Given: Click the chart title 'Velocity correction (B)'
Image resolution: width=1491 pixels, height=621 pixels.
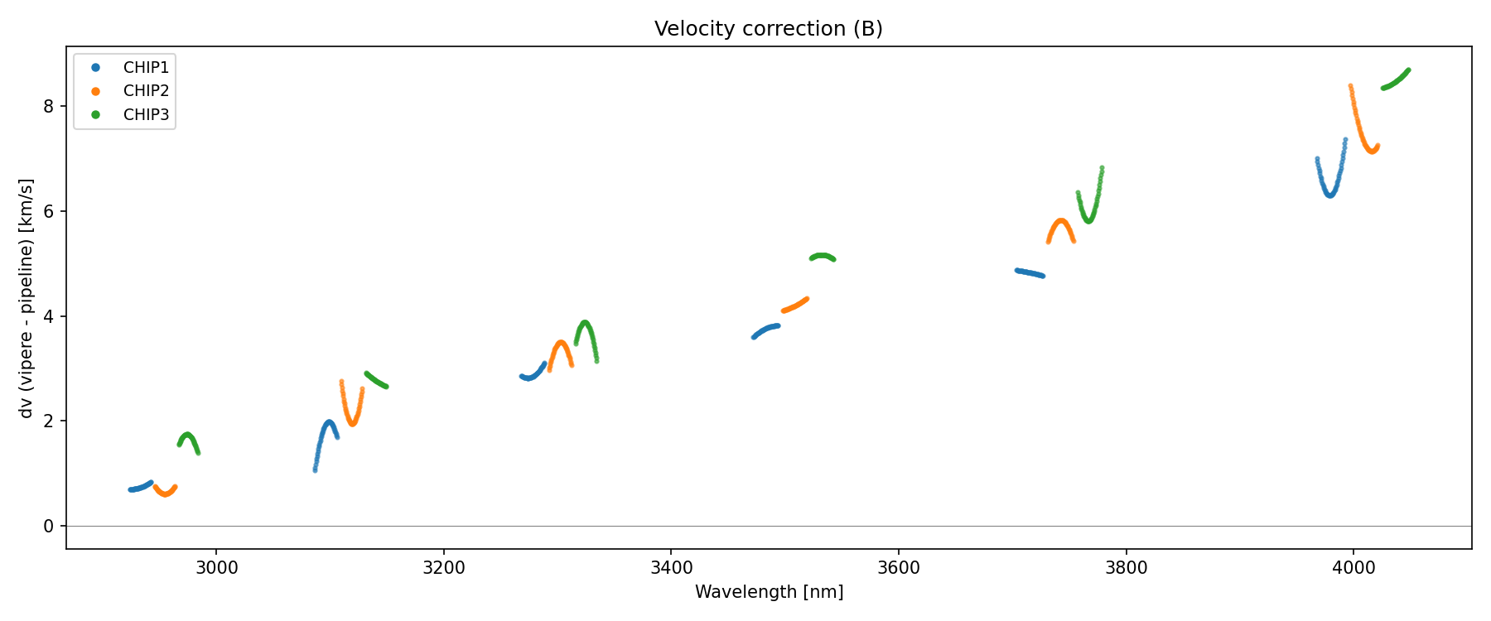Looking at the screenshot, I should tap(768, 29).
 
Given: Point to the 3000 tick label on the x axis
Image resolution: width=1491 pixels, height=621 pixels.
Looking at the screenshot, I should tap(216, 568).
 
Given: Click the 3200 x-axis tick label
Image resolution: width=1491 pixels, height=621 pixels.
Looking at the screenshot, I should tap(443, 568).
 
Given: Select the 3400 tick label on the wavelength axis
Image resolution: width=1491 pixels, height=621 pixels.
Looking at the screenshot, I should tap(671, 568).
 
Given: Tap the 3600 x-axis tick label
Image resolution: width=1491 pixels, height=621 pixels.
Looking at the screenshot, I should tap(899, 568).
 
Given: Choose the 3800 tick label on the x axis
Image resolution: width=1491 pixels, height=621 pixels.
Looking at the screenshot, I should tap(1126, 568).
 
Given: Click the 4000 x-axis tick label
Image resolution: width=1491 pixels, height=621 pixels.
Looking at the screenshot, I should tap(1353, 568).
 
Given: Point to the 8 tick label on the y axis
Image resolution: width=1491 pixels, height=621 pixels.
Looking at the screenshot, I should tap(49, 106).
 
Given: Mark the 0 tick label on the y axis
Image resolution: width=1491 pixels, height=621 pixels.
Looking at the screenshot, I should tap(49, 527).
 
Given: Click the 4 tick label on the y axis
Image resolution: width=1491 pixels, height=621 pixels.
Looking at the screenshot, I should tap(49, 316).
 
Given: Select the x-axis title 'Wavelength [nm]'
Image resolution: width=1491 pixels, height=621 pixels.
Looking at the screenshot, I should tap(769, 592).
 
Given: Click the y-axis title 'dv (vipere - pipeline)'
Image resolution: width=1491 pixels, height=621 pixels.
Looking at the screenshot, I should tap(27, 298).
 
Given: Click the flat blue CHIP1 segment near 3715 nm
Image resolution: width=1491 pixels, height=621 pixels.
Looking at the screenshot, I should tap(1030, 272).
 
